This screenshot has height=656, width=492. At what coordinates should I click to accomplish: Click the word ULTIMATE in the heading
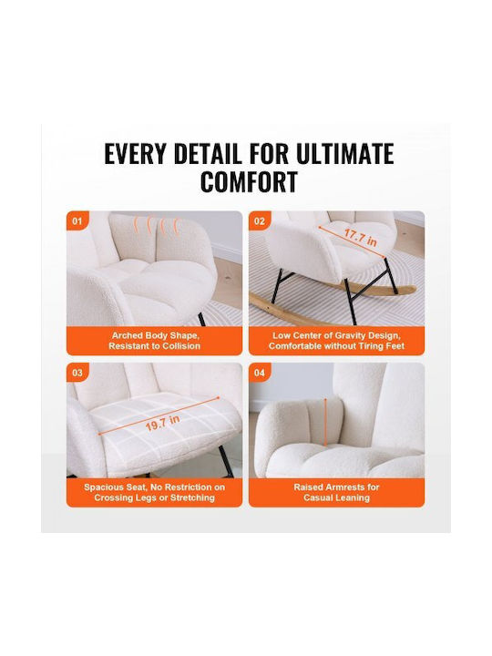click(x=344, y=154)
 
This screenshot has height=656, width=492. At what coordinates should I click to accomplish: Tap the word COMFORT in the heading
click(x=249, y=181)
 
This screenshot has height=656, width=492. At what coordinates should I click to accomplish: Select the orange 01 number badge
click(x=77, y=220)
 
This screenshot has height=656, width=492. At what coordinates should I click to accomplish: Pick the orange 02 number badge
click(x=260, y=220)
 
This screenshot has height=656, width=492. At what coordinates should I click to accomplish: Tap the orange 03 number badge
click(x=77, y=373)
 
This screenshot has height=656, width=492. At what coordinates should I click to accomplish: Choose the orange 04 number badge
click(x=260, y=373)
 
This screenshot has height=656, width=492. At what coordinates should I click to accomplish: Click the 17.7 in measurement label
click(x=360, y=237)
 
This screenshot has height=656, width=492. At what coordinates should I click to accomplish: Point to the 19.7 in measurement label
click(x=162, y=423)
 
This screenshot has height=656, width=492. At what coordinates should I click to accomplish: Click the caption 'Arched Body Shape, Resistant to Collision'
click(x=154, y=341)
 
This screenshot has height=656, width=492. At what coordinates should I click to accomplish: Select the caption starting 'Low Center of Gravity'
click(x=337, y=341)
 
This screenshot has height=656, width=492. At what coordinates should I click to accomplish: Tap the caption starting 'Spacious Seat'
click(x=154, y=492)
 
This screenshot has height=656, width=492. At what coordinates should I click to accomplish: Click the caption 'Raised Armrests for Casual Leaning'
click(x=337, y=492)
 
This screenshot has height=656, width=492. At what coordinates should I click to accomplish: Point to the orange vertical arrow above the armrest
click(x=325, y=422)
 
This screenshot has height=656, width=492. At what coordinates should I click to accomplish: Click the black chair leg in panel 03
click(x=226, y=461)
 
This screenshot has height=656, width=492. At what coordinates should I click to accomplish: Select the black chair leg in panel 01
click(x=201, y=319)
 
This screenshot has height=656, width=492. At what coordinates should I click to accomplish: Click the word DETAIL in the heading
click(x=208, y=154)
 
